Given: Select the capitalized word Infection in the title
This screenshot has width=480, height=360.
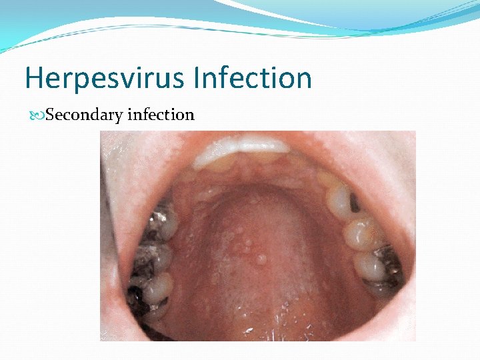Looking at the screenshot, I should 253,78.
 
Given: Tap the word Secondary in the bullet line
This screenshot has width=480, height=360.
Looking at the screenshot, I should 84,115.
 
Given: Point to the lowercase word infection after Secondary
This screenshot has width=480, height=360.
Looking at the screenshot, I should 161,115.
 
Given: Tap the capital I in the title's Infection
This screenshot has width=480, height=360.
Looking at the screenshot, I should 197,78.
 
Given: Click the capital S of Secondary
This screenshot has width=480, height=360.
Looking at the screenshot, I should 51,115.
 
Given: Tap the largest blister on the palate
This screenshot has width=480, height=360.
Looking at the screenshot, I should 262,259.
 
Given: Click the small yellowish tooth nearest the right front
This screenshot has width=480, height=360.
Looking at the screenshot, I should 327,178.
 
